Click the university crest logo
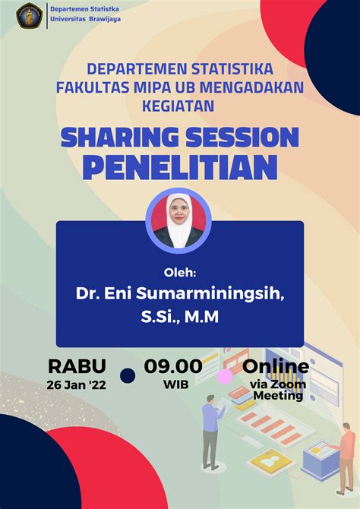pos(29,15)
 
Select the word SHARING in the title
pos(120,138)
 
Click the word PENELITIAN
pos(180,167)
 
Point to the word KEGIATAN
pos(178,106)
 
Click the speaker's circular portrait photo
pos(178,220)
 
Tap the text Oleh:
pos(180,273)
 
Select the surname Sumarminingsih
pos(210,294)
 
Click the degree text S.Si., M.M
pos(180,317)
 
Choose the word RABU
pos(77,366)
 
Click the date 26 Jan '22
pos(76,385)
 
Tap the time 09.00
pos(173,366)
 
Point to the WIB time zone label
pos(176,385)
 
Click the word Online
pos(276,366)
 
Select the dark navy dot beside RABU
pos(128,376)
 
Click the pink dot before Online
pos(226,377)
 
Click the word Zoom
pos(293,384)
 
